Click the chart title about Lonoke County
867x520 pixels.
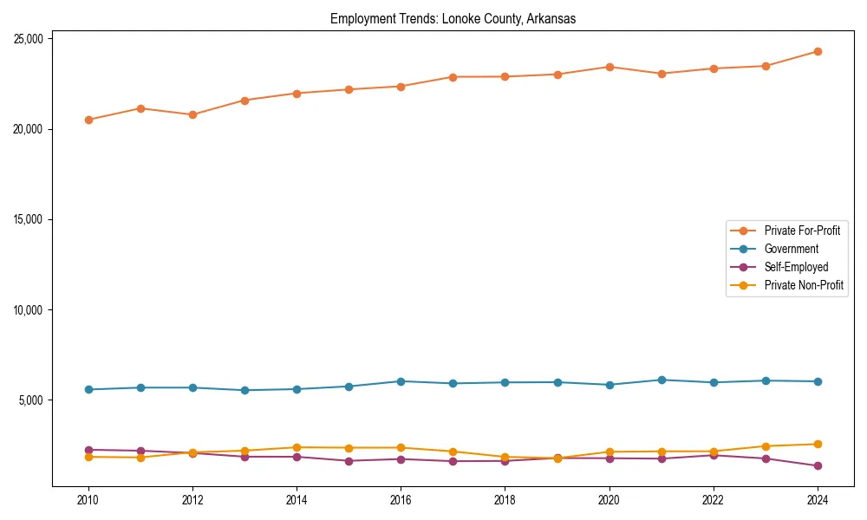tap(453, 18)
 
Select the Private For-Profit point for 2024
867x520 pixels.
tap(818, 51)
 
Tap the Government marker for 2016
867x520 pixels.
tap(401, 381)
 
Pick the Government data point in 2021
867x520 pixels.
tap(662, 380)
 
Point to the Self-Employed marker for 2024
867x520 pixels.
tap(818, 466)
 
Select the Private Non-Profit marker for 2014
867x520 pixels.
tap(297, 447)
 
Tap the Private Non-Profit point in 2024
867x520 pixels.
tap(818, 444)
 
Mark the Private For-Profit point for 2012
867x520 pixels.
tap(192, 114)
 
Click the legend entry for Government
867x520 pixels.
tap(791, 249)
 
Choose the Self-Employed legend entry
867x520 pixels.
tap(796, 267)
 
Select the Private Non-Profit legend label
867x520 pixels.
tap(804, 285)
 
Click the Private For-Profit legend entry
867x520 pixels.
tap(802, 231)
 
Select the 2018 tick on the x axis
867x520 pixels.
tap(505, 500)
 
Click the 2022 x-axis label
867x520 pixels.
tap(714, 500)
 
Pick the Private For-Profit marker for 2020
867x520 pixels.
tap(610, 67)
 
